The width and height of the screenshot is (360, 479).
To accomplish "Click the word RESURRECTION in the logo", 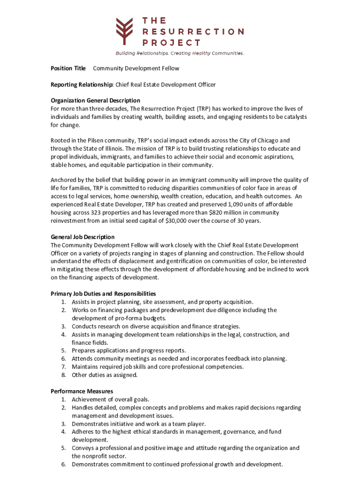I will click(x=193, y=32).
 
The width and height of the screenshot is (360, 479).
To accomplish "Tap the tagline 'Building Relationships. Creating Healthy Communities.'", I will click(x=180, y=53).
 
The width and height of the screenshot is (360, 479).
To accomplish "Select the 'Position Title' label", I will click(x=68, y=68).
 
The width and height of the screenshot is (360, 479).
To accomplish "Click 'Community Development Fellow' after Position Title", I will click(x=136, y=68).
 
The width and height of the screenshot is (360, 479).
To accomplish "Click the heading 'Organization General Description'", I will click(x=95, y=101).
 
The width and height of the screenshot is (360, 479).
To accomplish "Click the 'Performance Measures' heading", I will click(x=82, y=391).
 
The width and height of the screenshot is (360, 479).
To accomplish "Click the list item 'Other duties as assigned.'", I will click(x=105, y=375).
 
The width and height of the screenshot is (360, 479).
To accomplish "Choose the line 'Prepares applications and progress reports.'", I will click(x=129, y=350).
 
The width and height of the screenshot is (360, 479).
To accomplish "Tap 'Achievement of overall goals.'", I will click(x=110, y=399).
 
